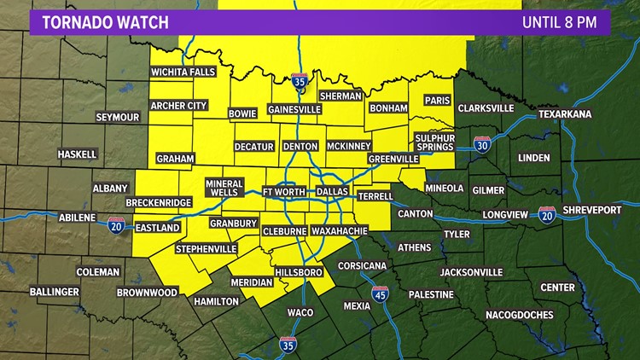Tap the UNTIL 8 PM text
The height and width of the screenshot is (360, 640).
559,22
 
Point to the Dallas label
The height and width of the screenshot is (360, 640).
332,193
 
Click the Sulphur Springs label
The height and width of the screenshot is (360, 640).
435,142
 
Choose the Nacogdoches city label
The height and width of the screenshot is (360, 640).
520,315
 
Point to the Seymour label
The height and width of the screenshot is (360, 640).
117,117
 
